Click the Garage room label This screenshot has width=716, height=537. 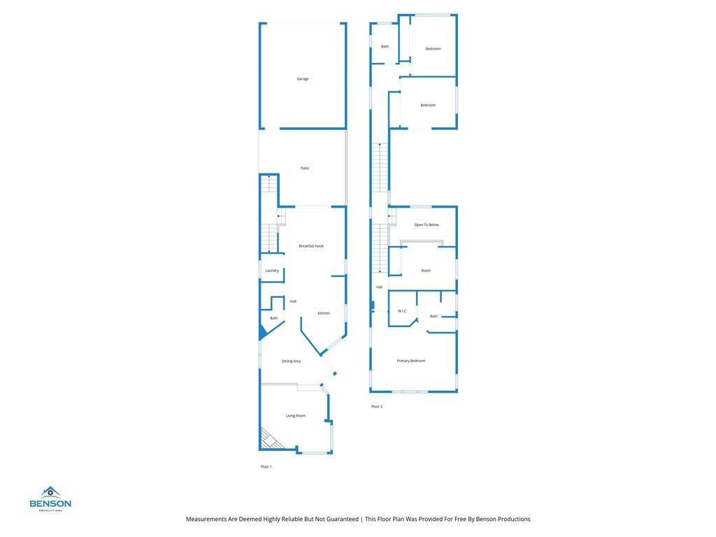[x=303, y=79]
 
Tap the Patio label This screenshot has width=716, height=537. [x=305, y=169]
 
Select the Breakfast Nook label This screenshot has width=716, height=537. [x=311, y=246]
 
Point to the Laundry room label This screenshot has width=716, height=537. [x=272, y=271]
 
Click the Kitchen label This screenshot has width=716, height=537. [x=324, y=313]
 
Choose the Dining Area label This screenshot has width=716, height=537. [x=291, y=361]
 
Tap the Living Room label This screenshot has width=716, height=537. [x=295, y=416]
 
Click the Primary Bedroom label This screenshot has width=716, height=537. [x=411, y=361]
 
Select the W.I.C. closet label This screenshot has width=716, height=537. [x=403, y=311]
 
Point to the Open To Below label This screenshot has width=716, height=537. [x=427, y=225]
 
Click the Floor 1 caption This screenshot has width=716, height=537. [x=266, y=466]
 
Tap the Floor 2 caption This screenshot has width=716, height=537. [x=377, y=406]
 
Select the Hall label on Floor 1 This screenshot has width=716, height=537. [x=293, y=301]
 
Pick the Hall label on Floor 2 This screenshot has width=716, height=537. [x=379, y=287]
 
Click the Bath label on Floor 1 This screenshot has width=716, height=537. [x=274, y=319]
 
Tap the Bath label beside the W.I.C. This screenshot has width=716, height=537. [x=434, y=317]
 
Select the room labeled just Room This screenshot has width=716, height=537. [x=426, y=271]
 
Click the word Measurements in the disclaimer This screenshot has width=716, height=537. [x=207, y=519]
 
